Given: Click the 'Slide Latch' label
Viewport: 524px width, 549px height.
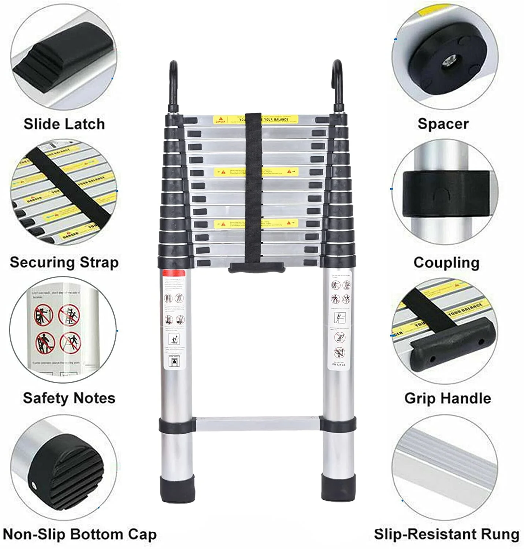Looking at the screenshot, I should [64, 124].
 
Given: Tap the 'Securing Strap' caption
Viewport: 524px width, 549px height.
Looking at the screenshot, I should [64, 262].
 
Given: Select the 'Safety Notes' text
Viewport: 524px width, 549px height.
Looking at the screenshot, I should [69, 398].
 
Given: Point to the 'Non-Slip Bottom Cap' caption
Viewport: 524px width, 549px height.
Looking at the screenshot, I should [79, 534].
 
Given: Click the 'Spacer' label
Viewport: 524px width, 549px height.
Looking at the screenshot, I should [443, 124].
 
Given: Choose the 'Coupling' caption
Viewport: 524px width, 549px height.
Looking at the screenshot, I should [446, 262].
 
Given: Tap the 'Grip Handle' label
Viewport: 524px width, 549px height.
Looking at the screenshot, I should [447, 398].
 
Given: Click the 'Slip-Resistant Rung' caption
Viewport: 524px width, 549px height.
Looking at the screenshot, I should [446, 534].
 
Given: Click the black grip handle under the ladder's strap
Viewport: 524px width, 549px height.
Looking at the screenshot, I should [256, 268].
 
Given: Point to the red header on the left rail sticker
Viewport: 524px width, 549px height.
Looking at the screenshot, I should [174, 273].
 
